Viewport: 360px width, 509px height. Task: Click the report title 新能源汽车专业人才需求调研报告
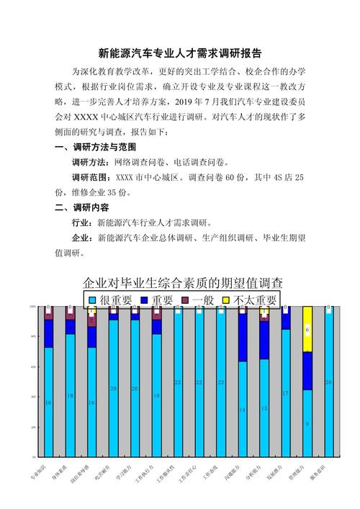180,53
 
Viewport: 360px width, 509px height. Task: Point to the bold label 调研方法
90,162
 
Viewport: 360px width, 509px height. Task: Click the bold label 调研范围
90,177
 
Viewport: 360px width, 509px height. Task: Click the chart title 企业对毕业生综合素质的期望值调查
183,281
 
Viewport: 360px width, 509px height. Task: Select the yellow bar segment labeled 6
307,330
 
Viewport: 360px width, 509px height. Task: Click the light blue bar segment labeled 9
307,423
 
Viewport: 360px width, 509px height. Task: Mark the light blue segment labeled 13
264,407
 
